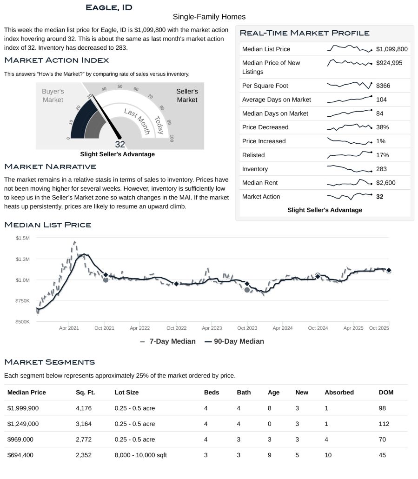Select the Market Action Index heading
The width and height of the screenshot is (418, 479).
coord(56,60)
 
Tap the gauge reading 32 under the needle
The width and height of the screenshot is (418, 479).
coord(119,144)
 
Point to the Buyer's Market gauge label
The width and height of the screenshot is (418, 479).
coord(53,96)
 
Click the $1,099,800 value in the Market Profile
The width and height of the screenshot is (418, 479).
coord(391,49)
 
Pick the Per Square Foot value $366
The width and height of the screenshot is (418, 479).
coord(384,86)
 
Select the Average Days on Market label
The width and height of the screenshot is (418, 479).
coord(276,100)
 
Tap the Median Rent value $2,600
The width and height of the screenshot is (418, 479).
coord(385,183)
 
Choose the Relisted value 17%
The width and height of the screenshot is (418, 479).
coord(382,155)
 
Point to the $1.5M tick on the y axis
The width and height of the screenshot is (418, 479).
coord(22,238)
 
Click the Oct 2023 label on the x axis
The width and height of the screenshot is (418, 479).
coord(247,328)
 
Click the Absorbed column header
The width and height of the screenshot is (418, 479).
coord(339,392)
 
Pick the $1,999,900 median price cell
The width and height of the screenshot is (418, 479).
coord(23,408)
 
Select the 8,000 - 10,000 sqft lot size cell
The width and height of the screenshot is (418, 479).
coord(140,455)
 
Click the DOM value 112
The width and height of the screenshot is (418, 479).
coord(384,424)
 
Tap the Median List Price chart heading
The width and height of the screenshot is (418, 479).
coord(47,225)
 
